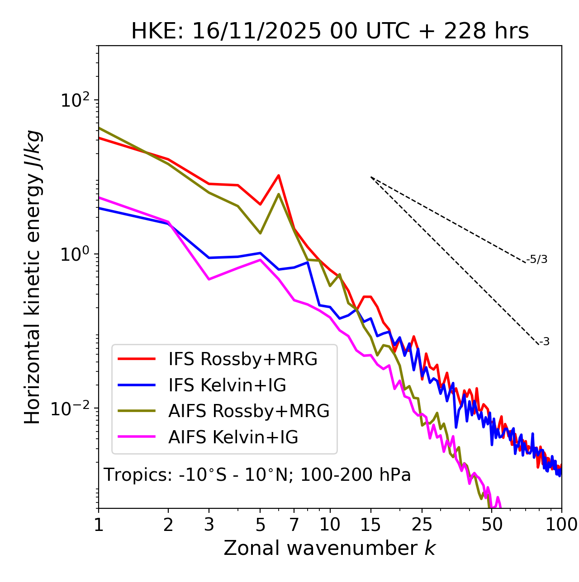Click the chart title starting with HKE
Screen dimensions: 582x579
[330, 32]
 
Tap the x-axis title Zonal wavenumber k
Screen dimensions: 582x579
[329, 548]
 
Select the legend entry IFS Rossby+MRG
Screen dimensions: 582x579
[242, 359]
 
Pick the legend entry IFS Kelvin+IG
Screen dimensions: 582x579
[227, 385]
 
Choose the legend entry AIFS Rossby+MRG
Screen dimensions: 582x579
[249, 411]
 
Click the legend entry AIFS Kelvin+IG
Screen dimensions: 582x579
[233, 437]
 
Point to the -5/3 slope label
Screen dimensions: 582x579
[537, 259]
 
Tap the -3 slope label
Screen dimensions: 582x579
[544, 342]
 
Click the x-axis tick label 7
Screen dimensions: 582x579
[294, 525]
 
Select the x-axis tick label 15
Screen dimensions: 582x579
[370, 525]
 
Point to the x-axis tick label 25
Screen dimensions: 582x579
[422, 525]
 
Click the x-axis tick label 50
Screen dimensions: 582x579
[492, 525]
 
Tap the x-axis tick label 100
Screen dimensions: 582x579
[561, 525]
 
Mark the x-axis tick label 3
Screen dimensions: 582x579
[209, 525]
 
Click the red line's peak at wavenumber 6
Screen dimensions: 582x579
[279, 175]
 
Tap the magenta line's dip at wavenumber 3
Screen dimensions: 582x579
[209, 279]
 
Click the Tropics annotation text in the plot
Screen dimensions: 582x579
[257, 475]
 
